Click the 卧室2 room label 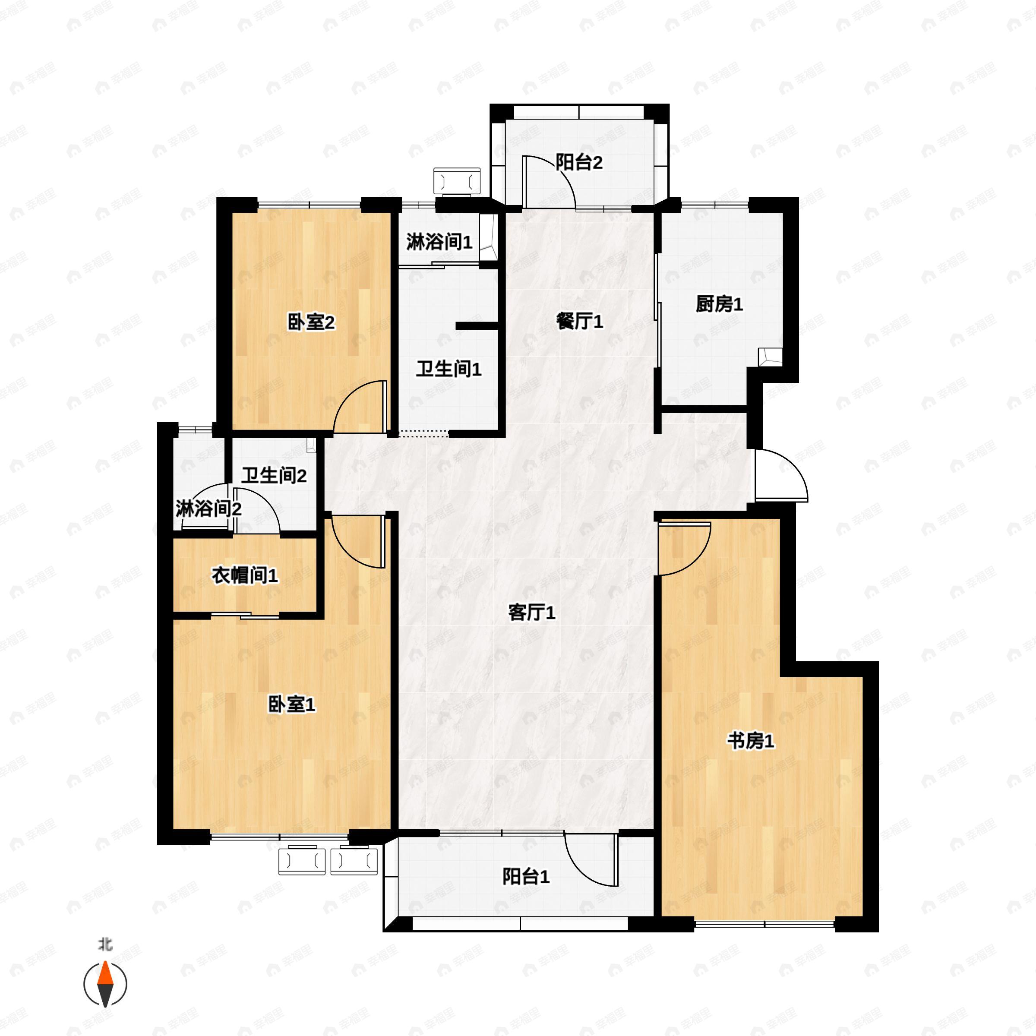[x=311, y=323]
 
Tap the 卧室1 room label [x=292, y=704]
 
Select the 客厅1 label [x=531, y=613]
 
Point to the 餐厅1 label [x=580, y=322]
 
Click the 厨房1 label [x=719, y=305]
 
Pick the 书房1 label [x=751, y=742]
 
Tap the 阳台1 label [x=525, y=877]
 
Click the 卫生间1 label [x=449, y=369]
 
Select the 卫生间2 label [x=274, y=475]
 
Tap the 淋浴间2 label [x=208, y=509]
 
